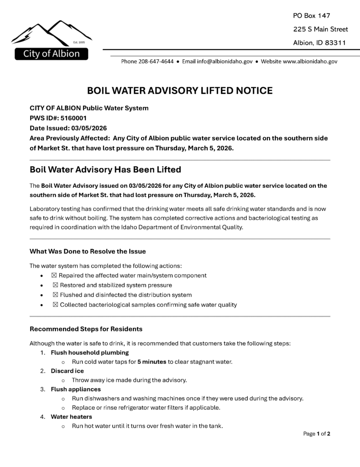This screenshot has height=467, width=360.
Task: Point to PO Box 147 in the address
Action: [x=311, y=16]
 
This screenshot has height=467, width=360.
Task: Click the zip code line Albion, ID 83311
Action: [x=319, y=43]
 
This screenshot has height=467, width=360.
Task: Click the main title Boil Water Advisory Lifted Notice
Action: [x=180, y=91]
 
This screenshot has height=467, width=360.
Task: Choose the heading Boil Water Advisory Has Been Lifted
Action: [x=105, y=170]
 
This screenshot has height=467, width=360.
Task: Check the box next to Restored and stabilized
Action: [x=56, y=285]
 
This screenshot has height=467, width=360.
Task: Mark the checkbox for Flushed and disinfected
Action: [x=56, y=295]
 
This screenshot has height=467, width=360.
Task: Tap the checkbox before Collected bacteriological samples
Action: [x=56, y=305]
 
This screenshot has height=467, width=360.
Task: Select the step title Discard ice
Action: [x=67, y=371]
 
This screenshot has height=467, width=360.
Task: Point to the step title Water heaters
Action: [x=71, y=417]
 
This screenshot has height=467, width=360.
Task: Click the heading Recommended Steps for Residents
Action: [x=86, y=329]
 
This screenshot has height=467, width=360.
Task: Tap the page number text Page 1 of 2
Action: [x=317, y=434]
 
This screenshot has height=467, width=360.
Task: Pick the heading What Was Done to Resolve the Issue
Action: [x=88, y=251]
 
